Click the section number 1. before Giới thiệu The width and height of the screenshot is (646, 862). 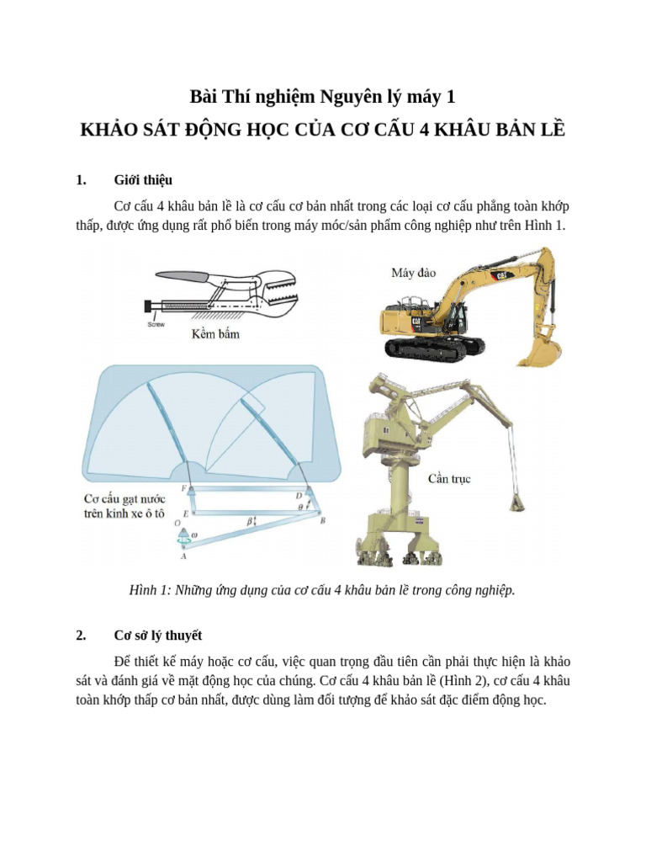[x=81, y=179]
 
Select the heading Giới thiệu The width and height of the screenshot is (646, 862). [x=143, y=179]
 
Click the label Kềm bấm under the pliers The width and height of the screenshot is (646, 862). [x=215, y=334]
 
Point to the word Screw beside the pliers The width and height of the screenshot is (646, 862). [x=156, y=323]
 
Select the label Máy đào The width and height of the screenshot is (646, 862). [x=414, y=273]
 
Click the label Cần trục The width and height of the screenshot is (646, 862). [x=449, y=479]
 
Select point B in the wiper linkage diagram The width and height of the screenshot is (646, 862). [x=323, y=521]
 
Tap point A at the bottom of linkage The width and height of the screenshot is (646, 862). [x=183, y=556]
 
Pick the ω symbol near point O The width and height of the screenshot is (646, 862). [x=195, y=533]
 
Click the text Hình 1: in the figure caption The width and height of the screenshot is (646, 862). [x=150, y=590]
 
